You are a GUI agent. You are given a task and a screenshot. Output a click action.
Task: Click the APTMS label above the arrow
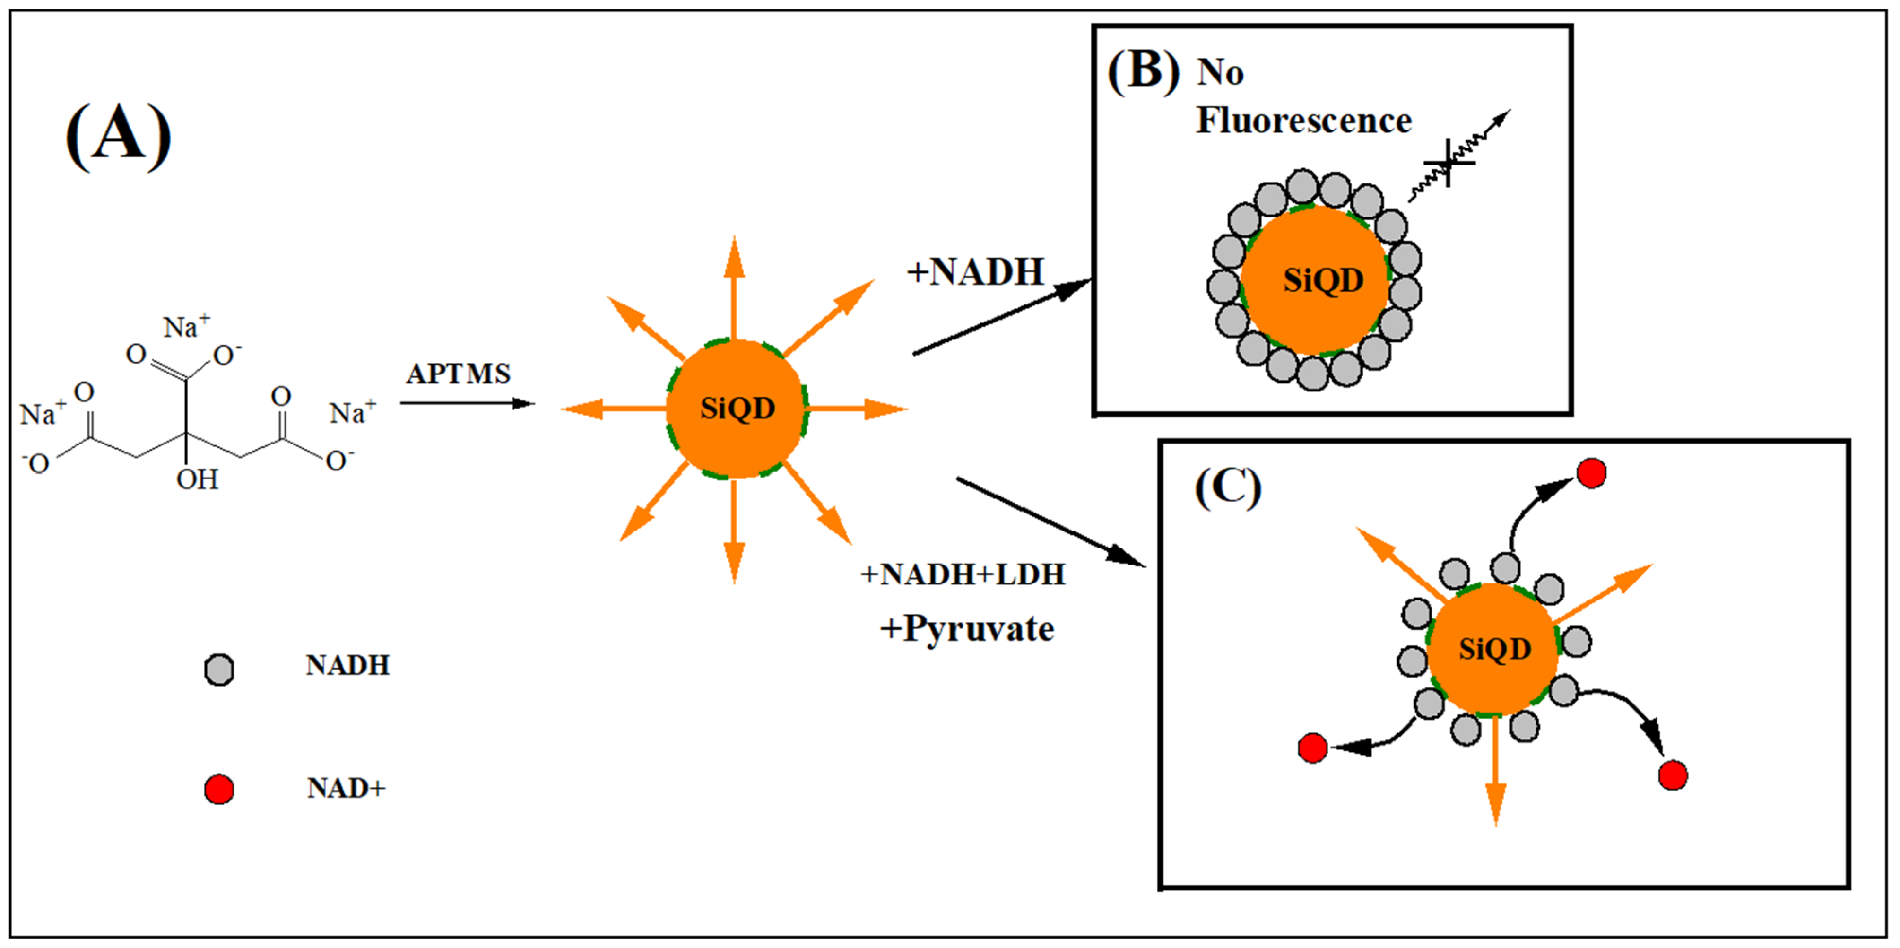(458, 374)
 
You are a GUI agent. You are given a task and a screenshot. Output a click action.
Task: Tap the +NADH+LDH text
(963, 574)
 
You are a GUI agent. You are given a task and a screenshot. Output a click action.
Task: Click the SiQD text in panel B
(1323, 281)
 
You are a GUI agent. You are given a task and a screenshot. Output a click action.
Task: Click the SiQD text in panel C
(1494, 649)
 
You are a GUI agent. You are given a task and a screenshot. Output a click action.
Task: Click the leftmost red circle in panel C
(1313, 748)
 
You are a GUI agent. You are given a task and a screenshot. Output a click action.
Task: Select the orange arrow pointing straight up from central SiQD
(734, 288)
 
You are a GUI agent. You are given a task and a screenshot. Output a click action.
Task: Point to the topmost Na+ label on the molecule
(186, 327)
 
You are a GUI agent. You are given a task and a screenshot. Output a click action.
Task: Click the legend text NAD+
(346, 789)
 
